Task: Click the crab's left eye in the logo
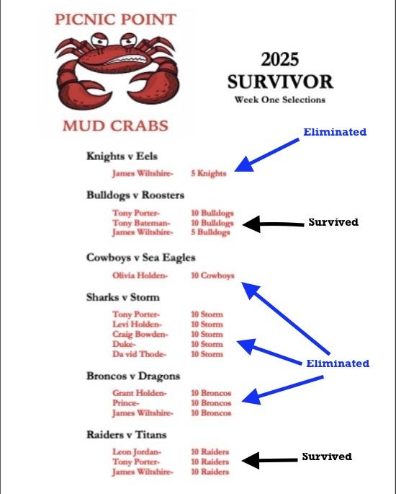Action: coord(99,40)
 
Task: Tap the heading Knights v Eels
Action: coord(122,156)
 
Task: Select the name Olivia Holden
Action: coord(140,275)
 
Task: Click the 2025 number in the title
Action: coord(280,59)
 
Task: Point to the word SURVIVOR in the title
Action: coord(280,82)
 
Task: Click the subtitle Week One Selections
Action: coord(280,100)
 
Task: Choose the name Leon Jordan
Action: coord(137,451)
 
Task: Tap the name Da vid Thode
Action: coord(139,354)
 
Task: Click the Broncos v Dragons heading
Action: coord(133,376)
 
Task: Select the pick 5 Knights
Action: coord(209,173)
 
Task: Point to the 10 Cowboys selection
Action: coord(212,275)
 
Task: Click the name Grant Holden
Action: coord(140,393)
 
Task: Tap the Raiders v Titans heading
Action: coord(127,435)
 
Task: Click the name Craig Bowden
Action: coord(140,335)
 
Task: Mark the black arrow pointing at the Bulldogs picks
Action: coord(274,224)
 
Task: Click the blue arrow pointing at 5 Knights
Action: coord(267,155)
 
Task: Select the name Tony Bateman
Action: coord(141,223)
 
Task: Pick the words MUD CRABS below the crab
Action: coord(115,125)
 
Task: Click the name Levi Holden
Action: coord(137,325)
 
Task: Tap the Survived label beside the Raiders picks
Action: coord(327,456)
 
